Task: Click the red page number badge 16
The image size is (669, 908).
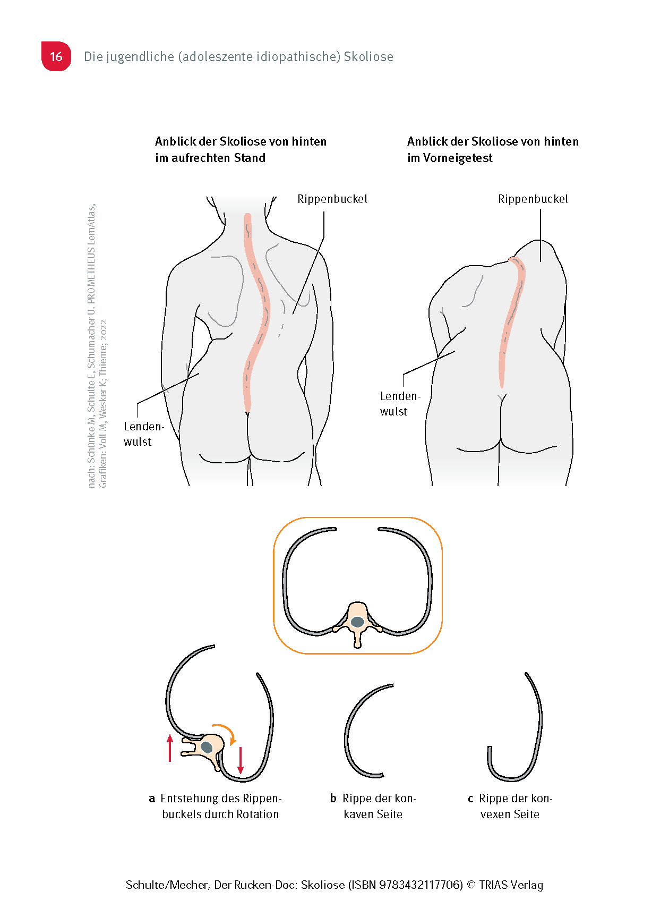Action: click(56, 56)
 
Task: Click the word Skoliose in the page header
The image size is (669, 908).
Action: click(368, 57)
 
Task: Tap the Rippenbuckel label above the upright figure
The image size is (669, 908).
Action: click(332, 199)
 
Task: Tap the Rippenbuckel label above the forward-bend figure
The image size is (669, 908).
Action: click(533, 199)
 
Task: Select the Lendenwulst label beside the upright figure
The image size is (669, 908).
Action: click(143, 434)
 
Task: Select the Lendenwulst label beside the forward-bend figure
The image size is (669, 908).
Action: click(400, 404)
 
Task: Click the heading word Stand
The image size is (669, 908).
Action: click(250, 158)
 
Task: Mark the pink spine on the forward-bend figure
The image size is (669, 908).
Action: click(510, 319)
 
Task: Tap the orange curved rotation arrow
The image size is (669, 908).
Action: click(226, 730)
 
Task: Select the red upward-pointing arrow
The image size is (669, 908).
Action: click(170, 748)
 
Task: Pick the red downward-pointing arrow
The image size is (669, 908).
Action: click(241, 760)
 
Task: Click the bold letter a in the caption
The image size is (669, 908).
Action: click(152, 799)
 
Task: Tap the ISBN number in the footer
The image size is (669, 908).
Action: click(421, 885)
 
